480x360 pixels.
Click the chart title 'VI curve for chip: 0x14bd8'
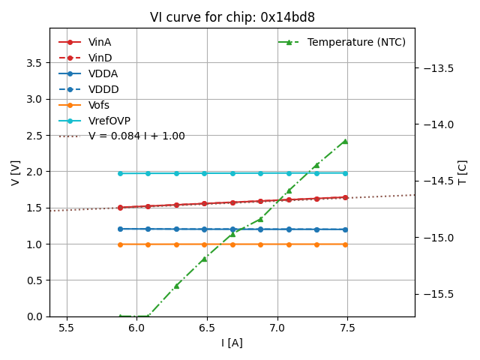pos(232,17)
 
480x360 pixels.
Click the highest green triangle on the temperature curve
pos(345,141)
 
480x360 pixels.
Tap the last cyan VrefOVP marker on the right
pos(345,173)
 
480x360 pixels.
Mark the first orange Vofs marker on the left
pos(120,244)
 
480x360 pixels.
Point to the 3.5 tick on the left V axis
pos(33,63)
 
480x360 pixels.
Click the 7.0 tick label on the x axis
pos(277,328)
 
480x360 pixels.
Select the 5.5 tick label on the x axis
pos(67,328)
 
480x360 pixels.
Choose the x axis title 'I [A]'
pos(232,343)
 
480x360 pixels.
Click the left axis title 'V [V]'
pos(15,172)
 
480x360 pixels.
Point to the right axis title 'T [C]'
pos(463,172)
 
